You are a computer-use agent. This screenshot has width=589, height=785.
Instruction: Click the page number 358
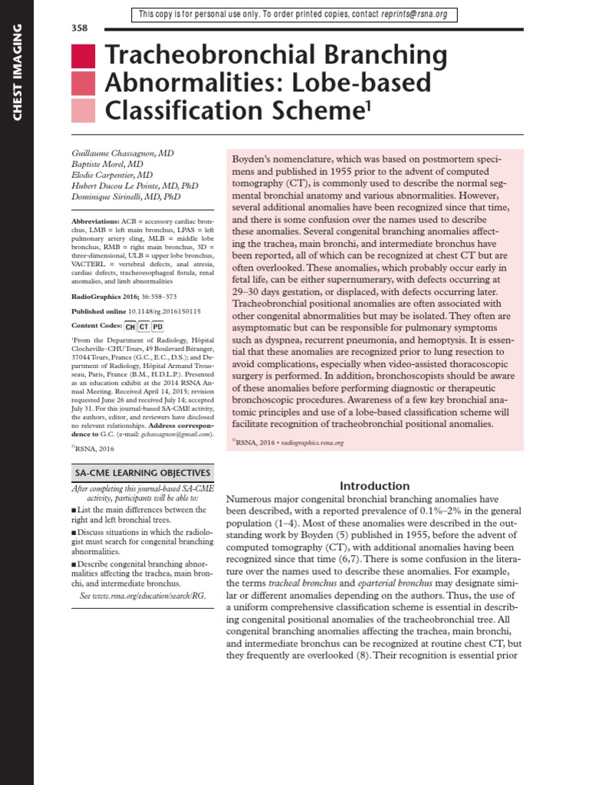79,28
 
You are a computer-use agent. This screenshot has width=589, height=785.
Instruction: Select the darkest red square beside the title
83,56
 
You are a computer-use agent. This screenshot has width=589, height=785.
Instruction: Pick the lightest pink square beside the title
83,110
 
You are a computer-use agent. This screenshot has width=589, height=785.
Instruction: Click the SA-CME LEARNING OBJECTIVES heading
141,473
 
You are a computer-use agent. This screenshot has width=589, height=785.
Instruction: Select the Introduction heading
374,485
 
